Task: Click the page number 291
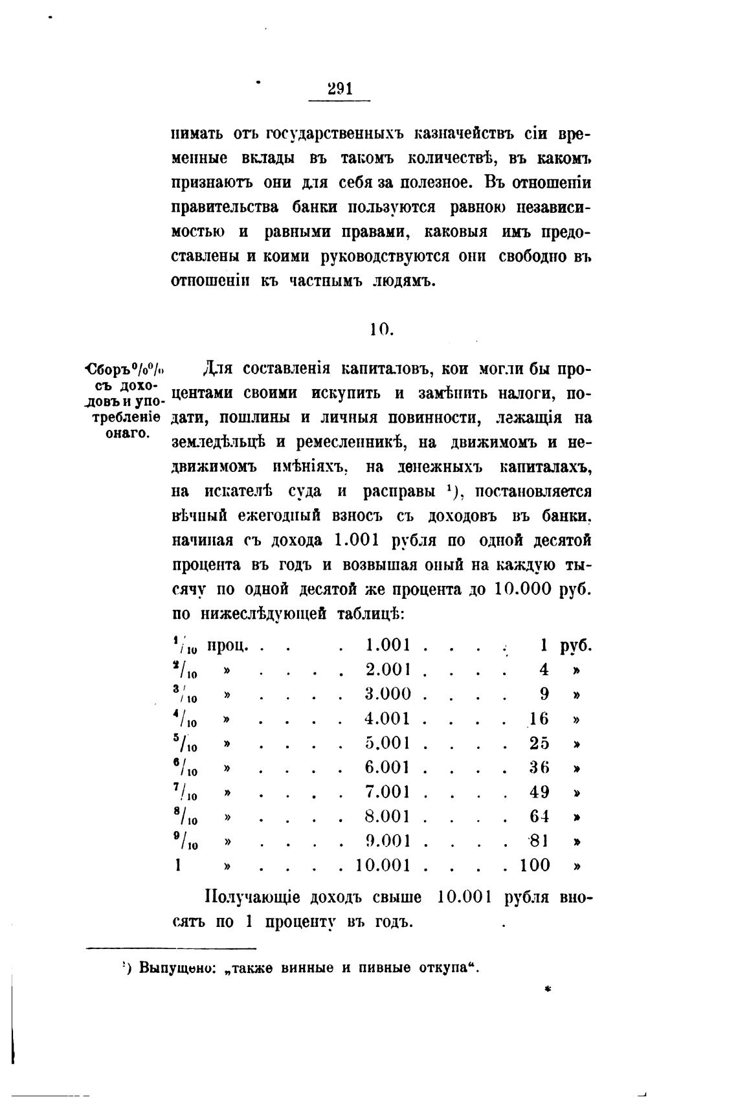click(x=340, y=89)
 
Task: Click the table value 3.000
click(x=388, y=694)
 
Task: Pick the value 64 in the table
click(x=539, y=816)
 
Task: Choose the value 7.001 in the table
click(x=388, y=792)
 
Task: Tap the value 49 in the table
click(x=539, y=792)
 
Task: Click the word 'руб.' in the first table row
click(x=576, y=645)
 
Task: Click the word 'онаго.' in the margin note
click(x=128, y=433)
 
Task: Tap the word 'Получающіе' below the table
click(x=252, y=898)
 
